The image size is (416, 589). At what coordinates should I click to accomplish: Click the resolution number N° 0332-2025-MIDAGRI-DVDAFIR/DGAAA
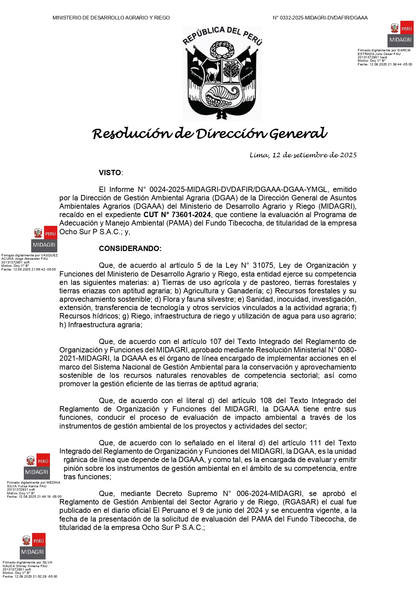tap(320, 18)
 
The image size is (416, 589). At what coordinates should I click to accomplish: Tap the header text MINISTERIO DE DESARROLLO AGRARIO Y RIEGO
tap(111, 18)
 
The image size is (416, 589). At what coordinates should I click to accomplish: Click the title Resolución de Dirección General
tap(210, 134)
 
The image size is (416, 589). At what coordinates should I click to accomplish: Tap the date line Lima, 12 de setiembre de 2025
tap(303, 155)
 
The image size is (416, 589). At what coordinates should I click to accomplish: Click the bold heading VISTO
tap(110, 173)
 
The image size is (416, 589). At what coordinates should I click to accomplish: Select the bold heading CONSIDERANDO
tap(130, 249)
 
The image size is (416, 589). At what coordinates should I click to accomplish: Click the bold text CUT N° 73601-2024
tap(177, 215)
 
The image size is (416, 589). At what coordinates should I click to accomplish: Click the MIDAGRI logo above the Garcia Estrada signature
tap(401, 35)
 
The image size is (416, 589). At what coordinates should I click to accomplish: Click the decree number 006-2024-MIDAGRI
tap(269, 494)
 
